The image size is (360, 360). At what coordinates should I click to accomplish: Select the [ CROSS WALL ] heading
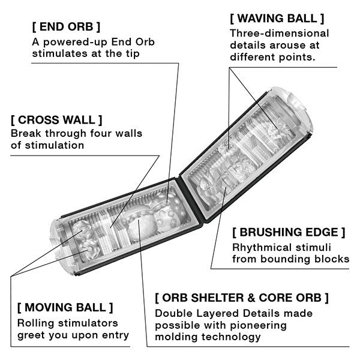click(56, 119)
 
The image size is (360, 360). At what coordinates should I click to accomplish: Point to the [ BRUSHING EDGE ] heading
click(289, 232)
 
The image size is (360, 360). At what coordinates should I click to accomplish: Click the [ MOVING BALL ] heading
click(65, 308)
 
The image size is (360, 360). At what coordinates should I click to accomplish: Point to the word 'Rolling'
click(36, 323)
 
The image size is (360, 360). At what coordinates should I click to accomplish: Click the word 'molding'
click(175, 337)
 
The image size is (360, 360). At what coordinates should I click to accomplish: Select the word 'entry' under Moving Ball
click(115, 335)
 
